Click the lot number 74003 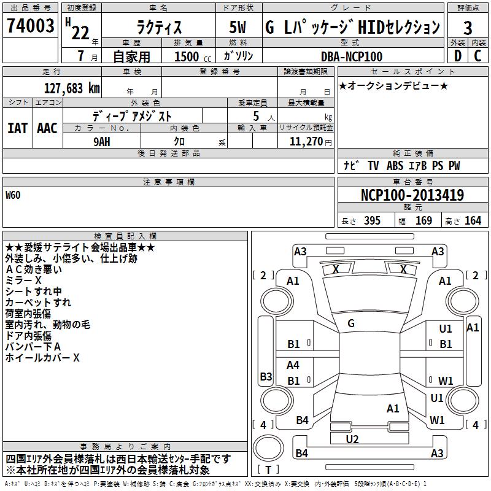(30, 25)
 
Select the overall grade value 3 (468, 28)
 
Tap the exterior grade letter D (458, 56)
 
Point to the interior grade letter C (477, 56)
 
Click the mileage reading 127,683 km (72, 88)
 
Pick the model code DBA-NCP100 (352, 56)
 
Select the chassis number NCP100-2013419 (412, 195)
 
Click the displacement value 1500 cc (193, 56)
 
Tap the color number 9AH (102, 142)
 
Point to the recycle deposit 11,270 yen (311, 142)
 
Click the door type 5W (238, 27)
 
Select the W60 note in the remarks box (13, 195)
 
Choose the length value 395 (372, 220)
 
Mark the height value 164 (473, 220)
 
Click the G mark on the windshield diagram (351, 323)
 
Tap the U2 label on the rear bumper (352, 439)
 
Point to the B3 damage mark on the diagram (266, 376)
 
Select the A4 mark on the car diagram (293, 365)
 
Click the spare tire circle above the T (268, 448)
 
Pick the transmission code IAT (18, 128)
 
